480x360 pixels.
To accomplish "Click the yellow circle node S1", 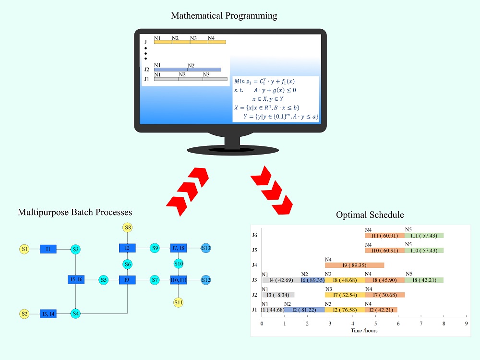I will (x=24, y=249).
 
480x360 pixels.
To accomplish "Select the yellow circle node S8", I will (x=127, y=227).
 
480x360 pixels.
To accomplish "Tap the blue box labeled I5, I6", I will (x=76, y=280).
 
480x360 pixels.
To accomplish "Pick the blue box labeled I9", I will (x=127, y=280).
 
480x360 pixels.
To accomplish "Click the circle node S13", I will (x=206, y=248).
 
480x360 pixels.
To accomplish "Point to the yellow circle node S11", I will (x=179, y=302).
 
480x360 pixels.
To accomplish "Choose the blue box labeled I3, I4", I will (x=48, y=314).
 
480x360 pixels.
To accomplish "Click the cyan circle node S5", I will (x=103, y=280).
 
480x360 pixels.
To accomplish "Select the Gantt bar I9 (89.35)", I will (x=354, y=265).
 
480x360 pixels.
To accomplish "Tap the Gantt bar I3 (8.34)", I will (x=278, y=295).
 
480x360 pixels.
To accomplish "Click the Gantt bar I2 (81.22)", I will (x=304, y=310).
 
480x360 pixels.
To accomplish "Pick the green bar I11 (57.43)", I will (x=424, y=235).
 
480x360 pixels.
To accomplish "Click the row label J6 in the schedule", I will (x=255, y=235).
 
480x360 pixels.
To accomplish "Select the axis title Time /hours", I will (x=364, y=331).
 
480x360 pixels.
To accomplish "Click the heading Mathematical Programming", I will (x=224, y=16).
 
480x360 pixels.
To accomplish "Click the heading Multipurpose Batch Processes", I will (x=74, y=212).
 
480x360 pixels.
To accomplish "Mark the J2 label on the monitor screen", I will (x=147, y=70).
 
